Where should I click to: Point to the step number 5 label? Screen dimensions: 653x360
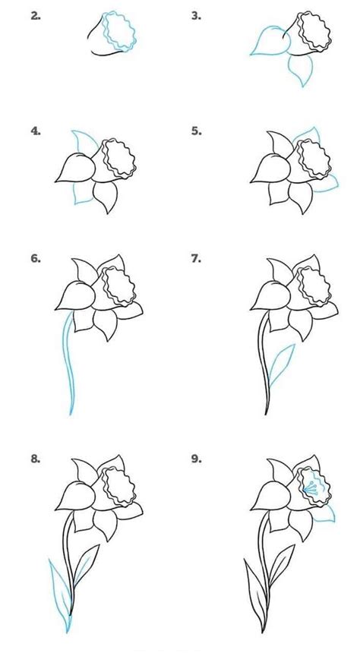(195, 131)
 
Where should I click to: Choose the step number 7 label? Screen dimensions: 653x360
(195, 259)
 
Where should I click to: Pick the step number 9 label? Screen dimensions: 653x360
(195, 459)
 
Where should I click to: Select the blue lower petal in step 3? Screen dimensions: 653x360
(300, 70)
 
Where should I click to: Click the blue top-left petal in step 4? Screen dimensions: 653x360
(79, 142)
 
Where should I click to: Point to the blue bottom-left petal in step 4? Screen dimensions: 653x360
(80, 194)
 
